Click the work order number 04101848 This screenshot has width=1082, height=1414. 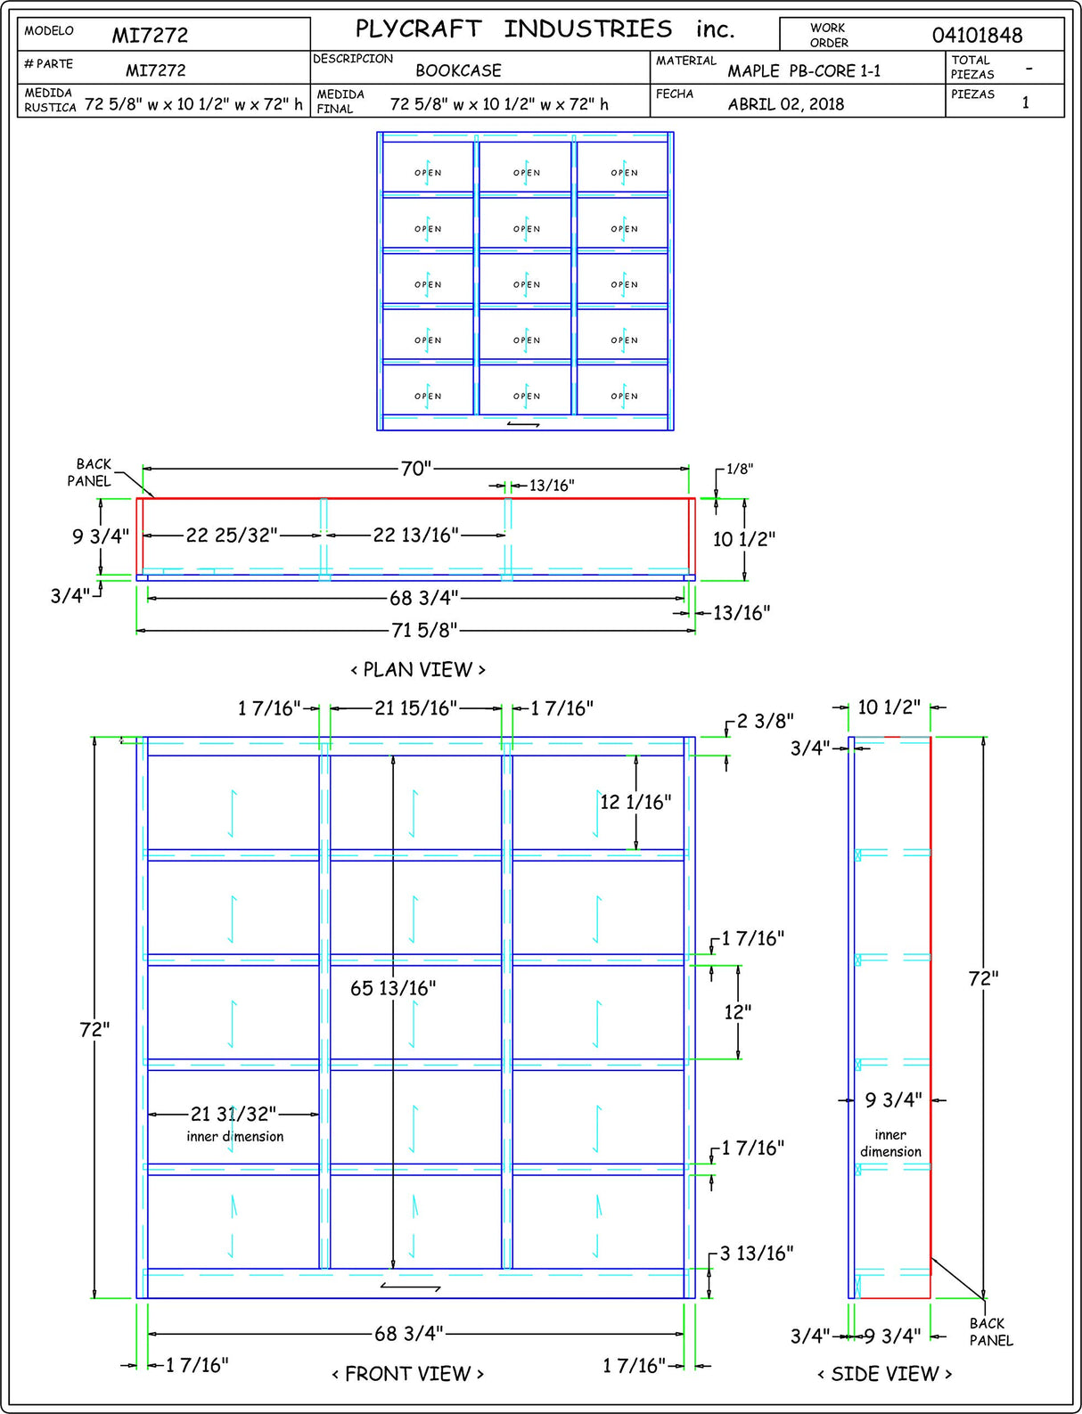point(977,36)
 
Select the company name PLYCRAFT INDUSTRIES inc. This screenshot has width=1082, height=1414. point(545,29)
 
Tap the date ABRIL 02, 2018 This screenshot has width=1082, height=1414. point(785,104)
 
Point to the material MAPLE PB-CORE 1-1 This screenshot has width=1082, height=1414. point(804,71)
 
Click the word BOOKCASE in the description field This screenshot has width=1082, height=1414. point(458,70)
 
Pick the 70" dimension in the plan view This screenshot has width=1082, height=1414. point(415,468)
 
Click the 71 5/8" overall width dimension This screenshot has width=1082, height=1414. point(424,631)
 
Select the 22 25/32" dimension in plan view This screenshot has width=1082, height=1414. point(232,535)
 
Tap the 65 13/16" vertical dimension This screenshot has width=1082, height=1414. point(393,988)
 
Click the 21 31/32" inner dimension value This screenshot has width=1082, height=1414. point(234,1114)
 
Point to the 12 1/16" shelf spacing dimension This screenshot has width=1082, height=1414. point(635,802)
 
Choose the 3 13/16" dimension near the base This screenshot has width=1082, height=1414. point(757,1254)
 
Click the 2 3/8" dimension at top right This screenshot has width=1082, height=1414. point(765,721)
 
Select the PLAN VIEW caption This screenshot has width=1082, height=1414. point(418,669)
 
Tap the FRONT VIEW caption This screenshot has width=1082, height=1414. point(407,1374)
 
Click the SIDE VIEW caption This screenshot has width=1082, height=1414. point(884,1374)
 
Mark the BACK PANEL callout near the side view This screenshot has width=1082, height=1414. point(990,1332)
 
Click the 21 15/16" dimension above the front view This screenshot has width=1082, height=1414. point(415,708)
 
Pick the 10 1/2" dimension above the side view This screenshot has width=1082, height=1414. point(889,707)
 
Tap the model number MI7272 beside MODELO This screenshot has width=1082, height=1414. point(150,36)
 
